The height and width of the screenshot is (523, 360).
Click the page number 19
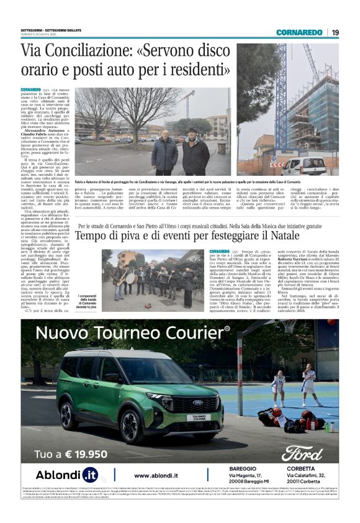[335, 32]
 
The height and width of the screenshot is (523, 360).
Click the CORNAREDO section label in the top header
[299, 32]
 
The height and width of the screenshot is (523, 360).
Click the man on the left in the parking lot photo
[164, 153]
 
